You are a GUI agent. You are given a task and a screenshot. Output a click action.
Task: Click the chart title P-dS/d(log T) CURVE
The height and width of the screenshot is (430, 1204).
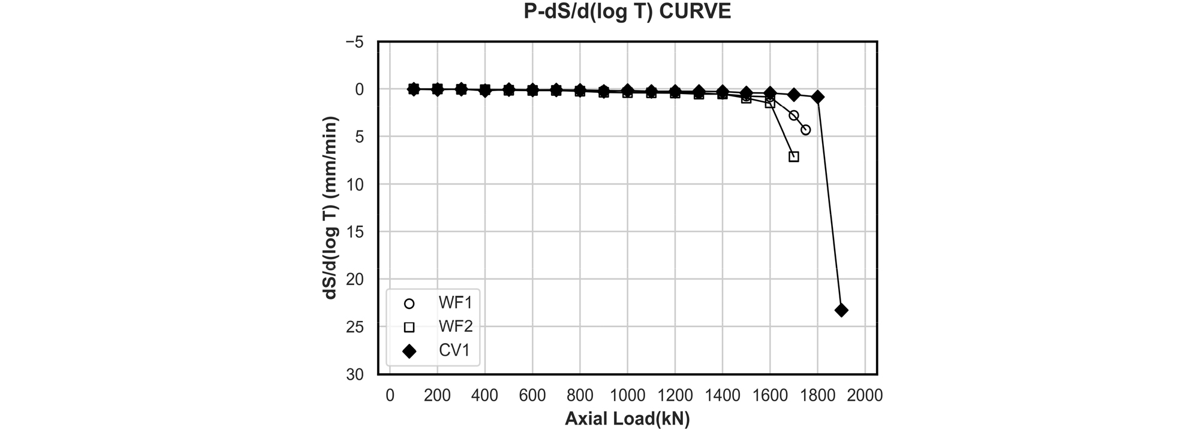pyautogui.click(x=627, y=12)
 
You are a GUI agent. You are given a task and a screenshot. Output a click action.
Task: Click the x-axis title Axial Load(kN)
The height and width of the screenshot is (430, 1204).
pyautogui.click(x=627, y=419)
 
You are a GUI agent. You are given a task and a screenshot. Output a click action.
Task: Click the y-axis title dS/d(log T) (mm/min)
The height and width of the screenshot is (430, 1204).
pyautogui.click(x=332, y=208)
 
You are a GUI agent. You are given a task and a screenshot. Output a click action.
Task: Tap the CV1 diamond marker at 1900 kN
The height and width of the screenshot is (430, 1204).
pyautogui.click(x=841, y=310)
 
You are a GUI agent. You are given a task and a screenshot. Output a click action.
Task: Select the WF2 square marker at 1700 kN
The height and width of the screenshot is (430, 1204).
pyautogui.click(x=794, y=157)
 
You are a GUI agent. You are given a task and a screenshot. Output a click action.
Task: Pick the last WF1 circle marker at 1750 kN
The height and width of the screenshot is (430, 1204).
pyautogui.click(x=806, y=130)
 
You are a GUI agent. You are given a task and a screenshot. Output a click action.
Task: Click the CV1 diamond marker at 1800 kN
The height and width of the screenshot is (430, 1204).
pyautogui.click(x=818, y=97)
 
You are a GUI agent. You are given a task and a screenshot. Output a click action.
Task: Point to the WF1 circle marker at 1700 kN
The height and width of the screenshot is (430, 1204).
pyautogui.click(x=794, y=115)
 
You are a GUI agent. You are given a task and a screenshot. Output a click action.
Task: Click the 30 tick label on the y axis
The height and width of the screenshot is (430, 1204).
pyautogui.click(x=356, y=374)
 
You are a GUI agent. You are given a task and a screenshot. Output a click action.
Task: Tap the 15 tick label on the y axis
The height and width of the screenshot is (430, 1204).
pyautogui.click(x=356, y=232)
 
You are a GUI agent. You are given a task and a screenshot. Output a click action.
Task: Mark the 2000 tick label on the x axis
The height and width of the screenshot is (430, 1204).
pyautogui.click(x=865, y=395)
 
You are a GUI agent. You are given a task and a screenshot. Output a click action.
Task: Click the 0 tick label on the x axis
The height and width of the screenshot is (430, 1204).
pyautogui.click(x=390, y=395)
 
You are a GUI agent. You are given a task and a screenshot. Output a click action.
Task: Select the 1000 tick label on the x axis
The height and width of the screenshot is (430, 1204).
pyautogui.click(x=627, y=395)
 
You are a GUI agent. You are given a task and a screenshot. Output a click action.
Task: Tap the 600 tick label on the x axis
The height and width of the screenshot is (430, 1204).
pyautogui.click(x=532, y=395)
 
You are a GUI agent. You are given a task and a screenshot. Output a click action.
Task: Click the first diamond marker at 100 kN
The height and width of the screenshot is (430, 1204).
pyautogui.click(x=413, y=89)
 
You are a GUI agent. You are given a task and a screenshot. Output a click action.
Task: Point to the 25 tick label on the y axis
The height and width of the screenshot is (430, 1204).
pyautogui.click(x=356, y=326)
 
